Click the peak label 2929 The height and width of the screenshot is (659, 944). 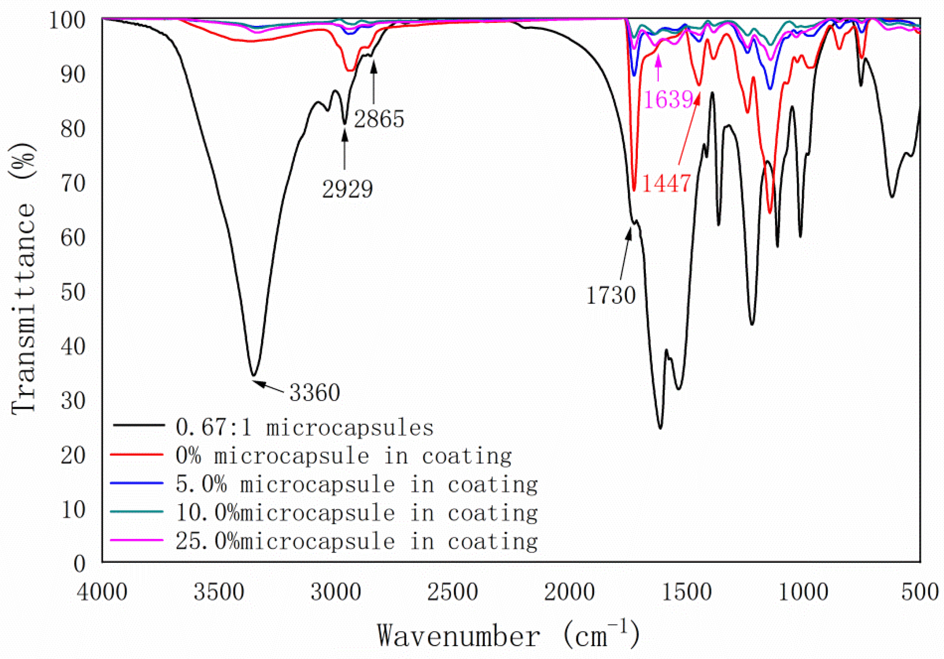point(347,189)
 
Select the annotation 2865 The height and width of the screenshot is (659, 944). point(379,119)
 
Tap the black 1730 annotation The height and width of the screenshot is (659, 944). point(611,295)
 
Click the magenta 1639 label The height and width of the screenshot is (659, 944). point(669,99)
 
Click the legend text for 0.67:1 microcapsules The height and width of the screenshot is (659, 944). point(304,427)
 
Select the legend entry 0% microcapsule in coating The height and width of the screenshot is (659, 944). point(343,456)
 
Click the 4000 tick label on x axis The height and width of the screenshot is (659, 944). point(102,593)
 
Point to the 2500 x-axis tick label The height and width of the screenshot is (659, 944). point(452,593)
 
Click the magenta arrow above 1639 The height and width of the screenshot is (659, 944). point(658,68)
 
